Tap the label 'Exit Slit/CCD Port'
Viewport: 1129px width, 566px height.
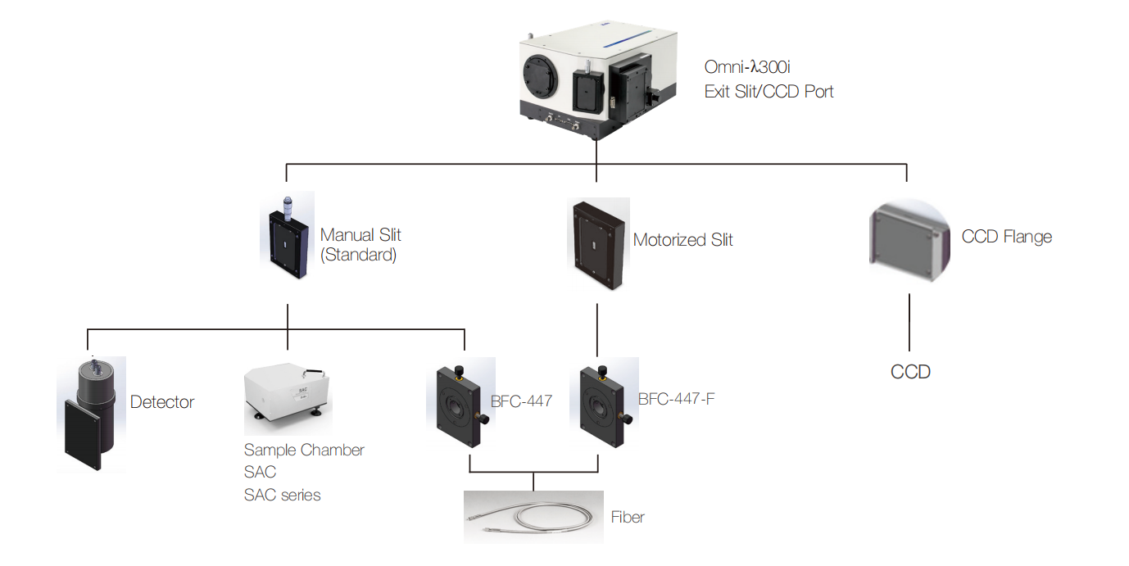tap(769, 92)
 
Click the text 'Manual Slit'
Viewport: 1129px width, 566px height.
tap(360, 235)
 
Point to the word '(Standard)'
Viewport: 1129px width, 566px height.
tap(358, 255)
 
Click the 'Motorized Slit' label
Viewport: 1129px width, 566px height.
tap(682, 240)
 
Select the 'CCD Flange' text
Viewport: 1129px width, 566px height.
tap(1006, 237)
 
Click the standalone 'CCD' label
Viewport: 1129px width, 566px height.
tap(910, 372)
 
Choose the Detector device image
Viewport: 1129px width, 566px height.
tap(91, 413)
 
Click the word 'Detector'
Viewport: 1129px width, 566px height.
tap(162, 402)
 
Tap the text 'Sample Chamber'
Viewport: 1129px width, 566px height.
tap(304, 450)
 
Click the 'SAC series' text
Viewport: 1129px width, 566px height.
tap(282, 495)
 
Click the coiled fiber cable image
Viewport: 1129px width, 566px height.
tap(533, 517)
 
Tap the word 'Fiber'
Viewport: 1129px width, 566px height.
tap(628, 517)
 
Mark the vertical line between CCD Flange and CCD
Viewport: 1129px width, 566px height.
tap(909, 323)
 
